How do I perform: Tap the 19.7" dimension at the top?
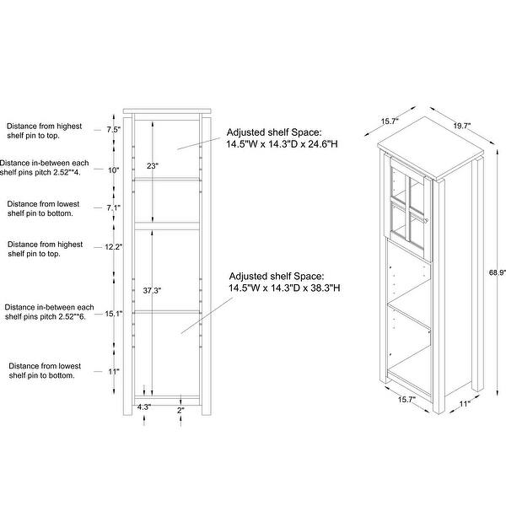tap(461, 126)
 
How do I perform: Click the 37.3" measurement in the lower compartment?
tap(152, 290)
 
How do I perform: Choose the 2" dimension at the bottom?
tap(180, 411)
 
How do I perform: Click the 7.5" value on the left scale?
tap(114, 130)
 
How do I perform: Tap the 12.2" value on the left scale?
tap(113, 247)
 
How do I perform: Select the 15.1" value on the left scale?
tap(113, 315)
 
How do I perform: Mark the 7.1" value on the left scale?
tap(114, 207)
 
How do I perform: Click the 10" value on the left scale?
tap(114, 170)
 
